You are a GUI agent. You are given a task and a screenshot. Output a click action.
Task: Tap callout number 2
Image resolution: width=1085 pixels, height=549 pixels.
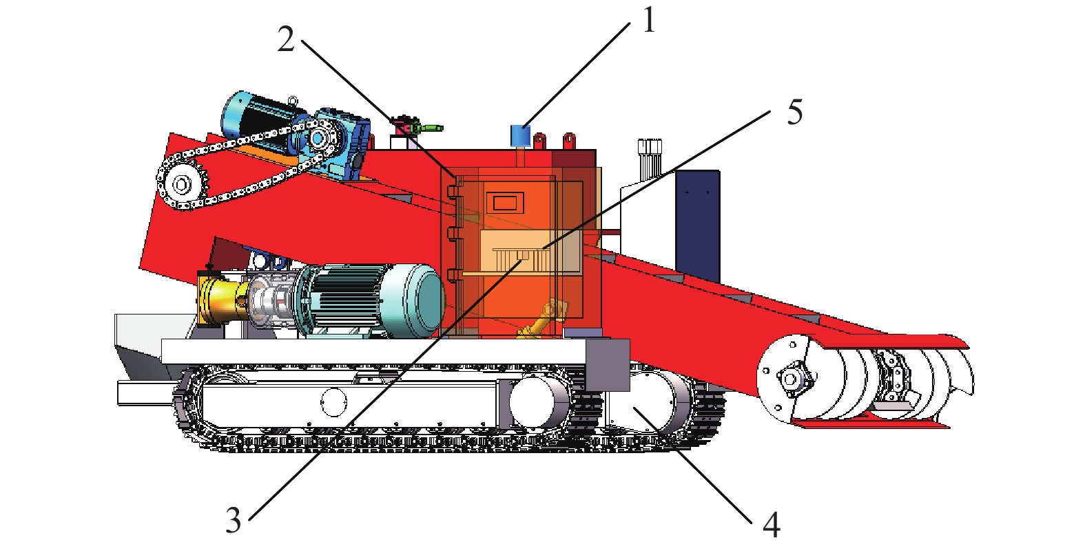tap(286, 39)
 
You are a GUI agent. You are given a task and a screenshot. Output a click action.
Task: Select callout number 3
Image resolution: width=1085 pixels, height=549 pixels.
tap(234, 521)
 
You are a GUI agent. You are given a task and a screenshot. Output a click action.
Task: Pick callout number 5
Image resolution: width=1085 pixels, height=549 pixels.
tap(795, 112)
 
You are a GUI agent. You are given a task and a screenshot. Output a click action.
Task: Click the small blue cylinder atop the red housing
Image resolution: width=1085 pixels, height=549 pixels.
tap(521, 135)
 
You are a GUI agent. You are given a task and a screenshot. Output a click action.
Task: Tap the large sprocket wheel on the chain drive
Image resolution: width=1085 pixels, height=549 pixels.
tap(182, 184)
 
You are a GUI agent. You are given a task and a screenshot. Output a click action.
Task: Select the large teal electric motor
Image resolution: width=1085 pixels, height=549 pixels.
tap(371, 301)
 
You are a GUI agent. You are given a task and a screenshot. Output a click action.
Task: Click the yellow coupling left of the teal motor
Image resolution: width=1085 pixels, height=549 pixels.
tap(222, 300)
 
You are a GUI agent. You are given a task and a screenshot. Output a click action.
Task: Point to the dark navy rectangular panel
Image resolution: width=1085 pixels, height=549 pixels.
tap(698, 226)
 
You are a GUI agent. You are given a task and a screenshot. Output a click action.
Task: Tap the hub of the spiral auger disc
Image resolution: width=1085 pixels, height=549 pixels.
tap(791, 378)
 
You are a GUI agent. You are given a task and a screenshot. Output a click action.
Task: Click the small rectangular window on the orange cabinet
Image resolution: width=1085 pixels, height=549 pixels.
tap(505, 202)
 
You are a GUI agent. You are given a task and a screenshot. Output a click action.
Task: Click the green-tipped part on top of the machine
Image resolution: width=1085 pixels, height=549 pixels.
tap(426, 128)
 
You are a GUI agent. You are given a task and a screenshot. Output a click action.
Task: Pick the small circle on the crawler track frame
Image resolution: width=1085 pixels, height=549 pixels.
tap(334, 402)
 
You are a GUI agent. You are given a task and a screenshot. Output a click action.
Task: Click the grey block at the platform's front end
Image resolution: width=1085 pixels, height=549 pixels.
tap(608, 365)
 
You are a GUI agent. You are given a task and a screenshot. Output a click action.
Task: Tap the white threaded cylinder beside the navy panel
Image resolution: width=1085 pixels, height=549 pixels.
tap(650, 159)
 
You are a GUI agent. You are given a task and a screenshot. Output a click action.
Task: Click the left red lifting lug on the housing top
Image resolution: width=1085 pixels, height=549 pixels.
tap(539, 141)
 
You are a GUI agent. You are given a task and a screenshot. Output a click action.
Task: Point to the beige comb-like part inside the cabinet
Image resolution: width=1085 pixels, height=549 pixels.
tap(521, 259)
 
